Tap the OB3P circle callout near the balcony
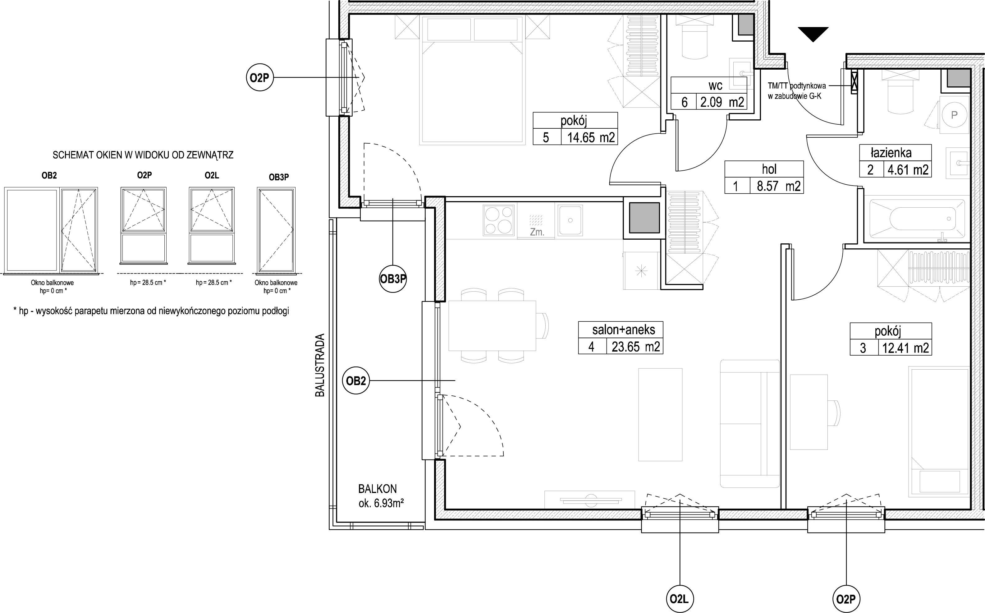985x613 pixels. (393, 279)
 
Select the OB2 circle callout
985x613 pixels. (356, 381)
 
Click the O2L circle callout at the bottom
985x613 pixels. (680, 598)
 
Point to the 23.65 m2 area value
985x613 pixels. (635, 347)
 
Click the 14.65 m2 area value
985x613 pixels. (590, 137)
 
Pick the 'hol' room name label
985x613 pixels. (769, 169)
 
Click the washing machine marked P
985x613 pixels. (954, 115)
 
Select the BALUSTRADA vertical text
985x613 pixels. (320, 365)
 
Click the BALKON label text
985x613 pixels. (377, 489)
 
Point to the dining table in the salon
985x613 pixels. (492, 325)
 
